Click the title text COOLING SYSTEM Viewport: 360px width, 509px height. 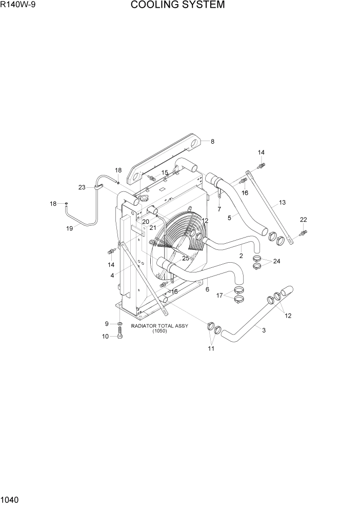(177, 6)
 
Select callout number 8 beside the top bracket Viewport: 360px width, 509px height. (212, 141)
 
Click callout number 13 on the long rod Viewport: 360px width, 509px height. (282, 203)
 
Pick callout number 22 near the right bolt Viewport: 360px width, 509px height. (303, 220)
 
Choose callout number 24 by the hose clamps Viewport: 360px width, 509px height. (276, 261)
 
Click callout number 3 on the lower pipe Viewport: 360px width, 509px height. (264, 330)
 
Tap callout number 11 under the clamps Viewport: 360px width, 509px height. (211, 349)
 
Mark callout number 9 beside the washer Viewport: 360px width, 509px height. (107, 323)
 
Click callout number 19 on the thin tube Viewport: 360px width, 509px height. (70, 229)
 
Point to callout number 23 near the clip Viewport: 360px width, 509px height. (82, 187)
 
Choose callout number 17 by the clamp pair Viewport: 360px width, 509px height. (219, 296)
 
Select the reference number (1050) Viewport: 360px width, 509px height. (159, 331)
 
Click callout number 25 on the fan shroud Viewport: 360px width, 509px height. (186, 259)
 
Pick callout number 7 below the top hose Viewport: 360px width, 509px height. (219, 209)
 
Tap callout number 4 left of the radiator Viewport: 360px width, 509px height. (112, 276)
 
